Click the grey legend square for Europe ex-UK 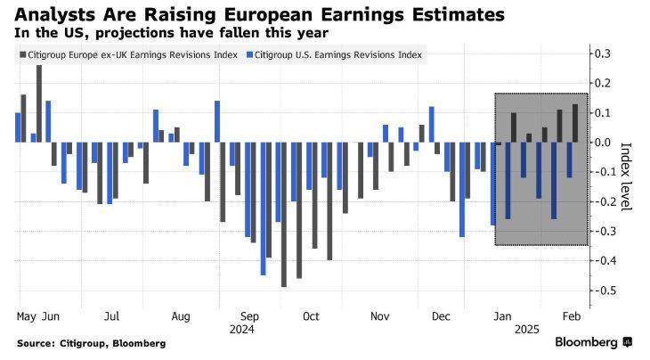coord(21,55)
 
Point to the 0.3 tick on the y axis coord(604,54)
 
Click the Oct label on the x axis coord(311,315)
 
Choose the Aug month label coord(182,315)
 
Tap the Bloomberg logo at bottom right coord(593,342)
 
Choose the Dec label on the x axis coord(440,315)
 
